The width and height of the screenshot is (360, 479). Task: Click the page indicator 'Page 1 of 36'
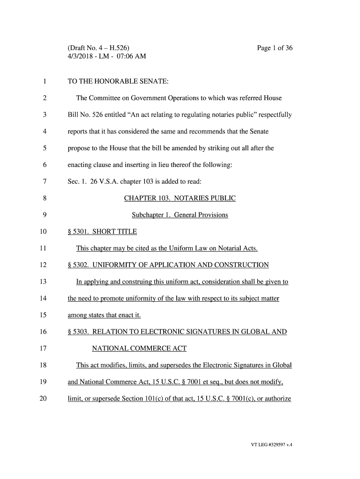coord(275,48)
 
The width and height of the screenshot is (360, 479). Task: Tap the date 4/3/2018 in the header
coord(82,57)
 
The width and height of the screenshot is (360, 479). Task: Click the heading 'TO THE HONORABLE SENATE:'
coord(118,82)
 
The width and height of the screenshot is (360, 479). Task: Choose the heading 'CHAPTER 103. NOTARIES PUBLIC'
coord(180,198)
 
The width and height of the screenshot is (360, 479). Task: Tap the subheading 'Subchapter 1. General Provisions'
coord(180,215)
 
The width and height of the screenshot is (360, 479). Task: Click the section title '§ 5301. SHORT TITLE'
coord(102,232)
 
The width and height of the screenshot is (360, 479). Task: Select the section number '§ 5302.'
coord(78,265)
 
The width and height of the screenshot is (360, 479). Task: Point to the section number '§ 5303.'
coord(78,332)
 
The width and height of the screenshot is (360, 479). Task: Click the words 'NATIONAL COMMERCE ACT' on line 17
coord(139,348)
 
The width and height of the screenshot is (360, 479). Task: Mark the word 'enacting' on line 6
coord(80,165)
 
